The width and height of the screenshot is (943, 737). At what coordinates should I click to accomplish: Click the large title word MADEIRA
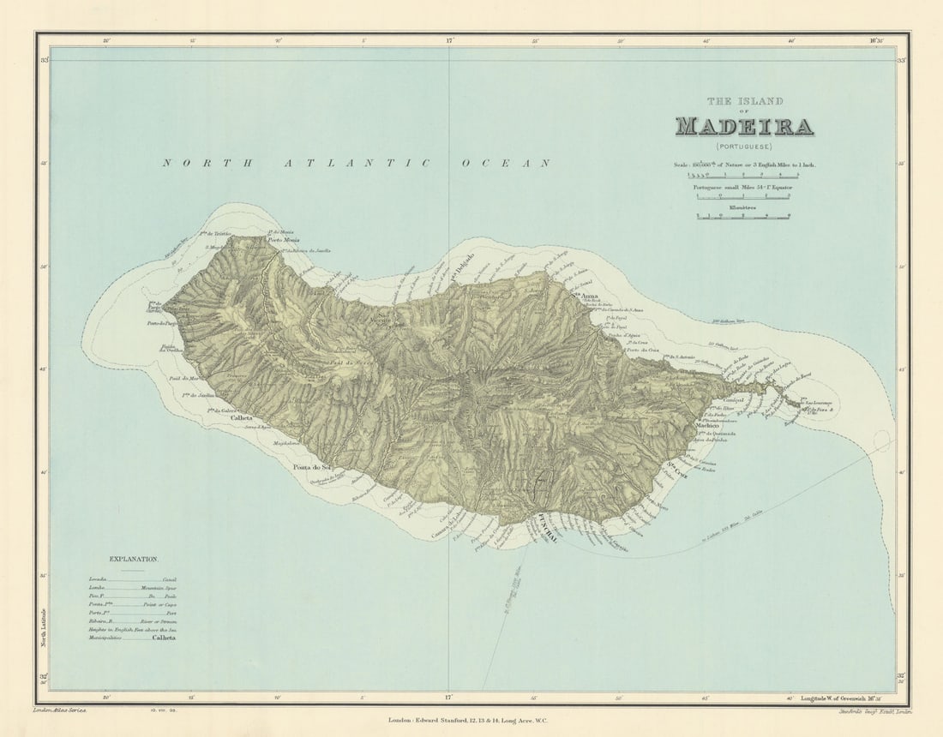744,127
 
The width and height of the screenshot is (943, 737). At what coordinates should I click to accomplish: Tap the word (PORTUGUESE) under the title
744,147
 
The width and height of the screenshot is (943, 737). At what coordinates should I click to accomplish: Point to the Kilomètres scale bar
743,216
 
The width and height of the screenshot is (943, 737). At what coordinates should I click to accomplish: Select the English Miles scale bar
743,174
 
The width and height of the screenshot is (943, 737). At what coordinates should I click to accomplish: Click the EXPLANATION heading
133,559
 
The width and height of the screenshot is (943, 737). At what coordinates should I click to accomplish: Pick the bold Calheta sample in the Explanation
163,638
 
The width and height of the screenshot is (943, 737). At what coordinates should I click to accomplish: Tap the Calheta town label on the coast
242,419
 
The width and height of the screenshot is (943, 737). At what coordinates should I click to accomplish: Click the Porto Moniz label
286,240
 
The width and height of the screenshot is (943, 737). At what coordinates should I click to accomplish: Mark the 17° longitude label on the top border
449,39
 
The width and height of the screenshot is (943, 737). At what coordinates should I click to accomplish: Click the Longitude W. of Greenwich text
838,700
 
